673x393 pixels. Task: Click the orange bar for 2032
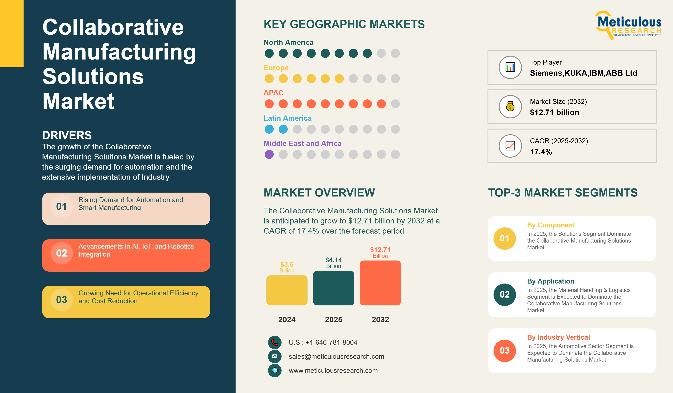pyautogui.click(x=380, y=283)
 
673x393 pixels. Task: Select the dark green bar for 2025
pyautogui.click(x=334, y=288)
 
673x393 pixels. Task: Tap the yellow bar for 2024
pyautogui.click(x=287, y=290)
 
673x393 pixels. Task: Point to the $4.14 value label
pyautogui.click(x=334, y=260)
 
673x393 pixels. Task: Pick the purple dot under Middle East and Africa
pyautogui.click(x=269, y=154)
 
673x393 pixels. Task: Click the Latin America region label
pyautogui.click(x=288, y=118)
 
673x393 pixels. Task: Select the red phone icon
pyautogui.click(x=275, y=342)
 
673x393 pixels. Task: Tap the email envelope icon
pyautogui.click(x=275, y=356)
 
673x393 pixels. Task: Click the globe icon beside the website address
pyautogui.click(x=275, y=371)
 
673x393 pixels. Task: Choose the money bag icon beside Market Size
pyautogui.click(x=510, y=107)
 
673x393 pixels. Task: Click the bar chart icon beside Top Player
pyautogui.click(x=510, y=67)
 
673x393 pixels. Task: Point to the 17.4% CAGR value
pyautogui.click(x=541, y=152)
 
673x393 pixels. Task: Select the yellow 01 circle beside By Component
pyautogui.click(x=505, y=238)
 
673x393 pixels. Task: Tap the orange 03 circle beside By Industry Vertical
pyautogui.click(x=505, y=351)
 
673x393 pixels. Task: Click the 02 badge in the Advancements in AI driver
pyautogui.click(x=62, y=253)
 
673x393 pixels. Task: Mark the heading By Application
pyautogui.click(x=550, y=281)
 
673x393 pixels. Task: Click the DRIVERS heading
pyautogui.click(x=67, y=135)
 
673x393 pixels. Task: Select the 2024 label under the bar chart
pyautogui.click(x=287, y=319)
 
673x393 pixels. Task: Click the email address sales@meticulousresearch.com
pyautogui.click(x=336, y=356)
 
